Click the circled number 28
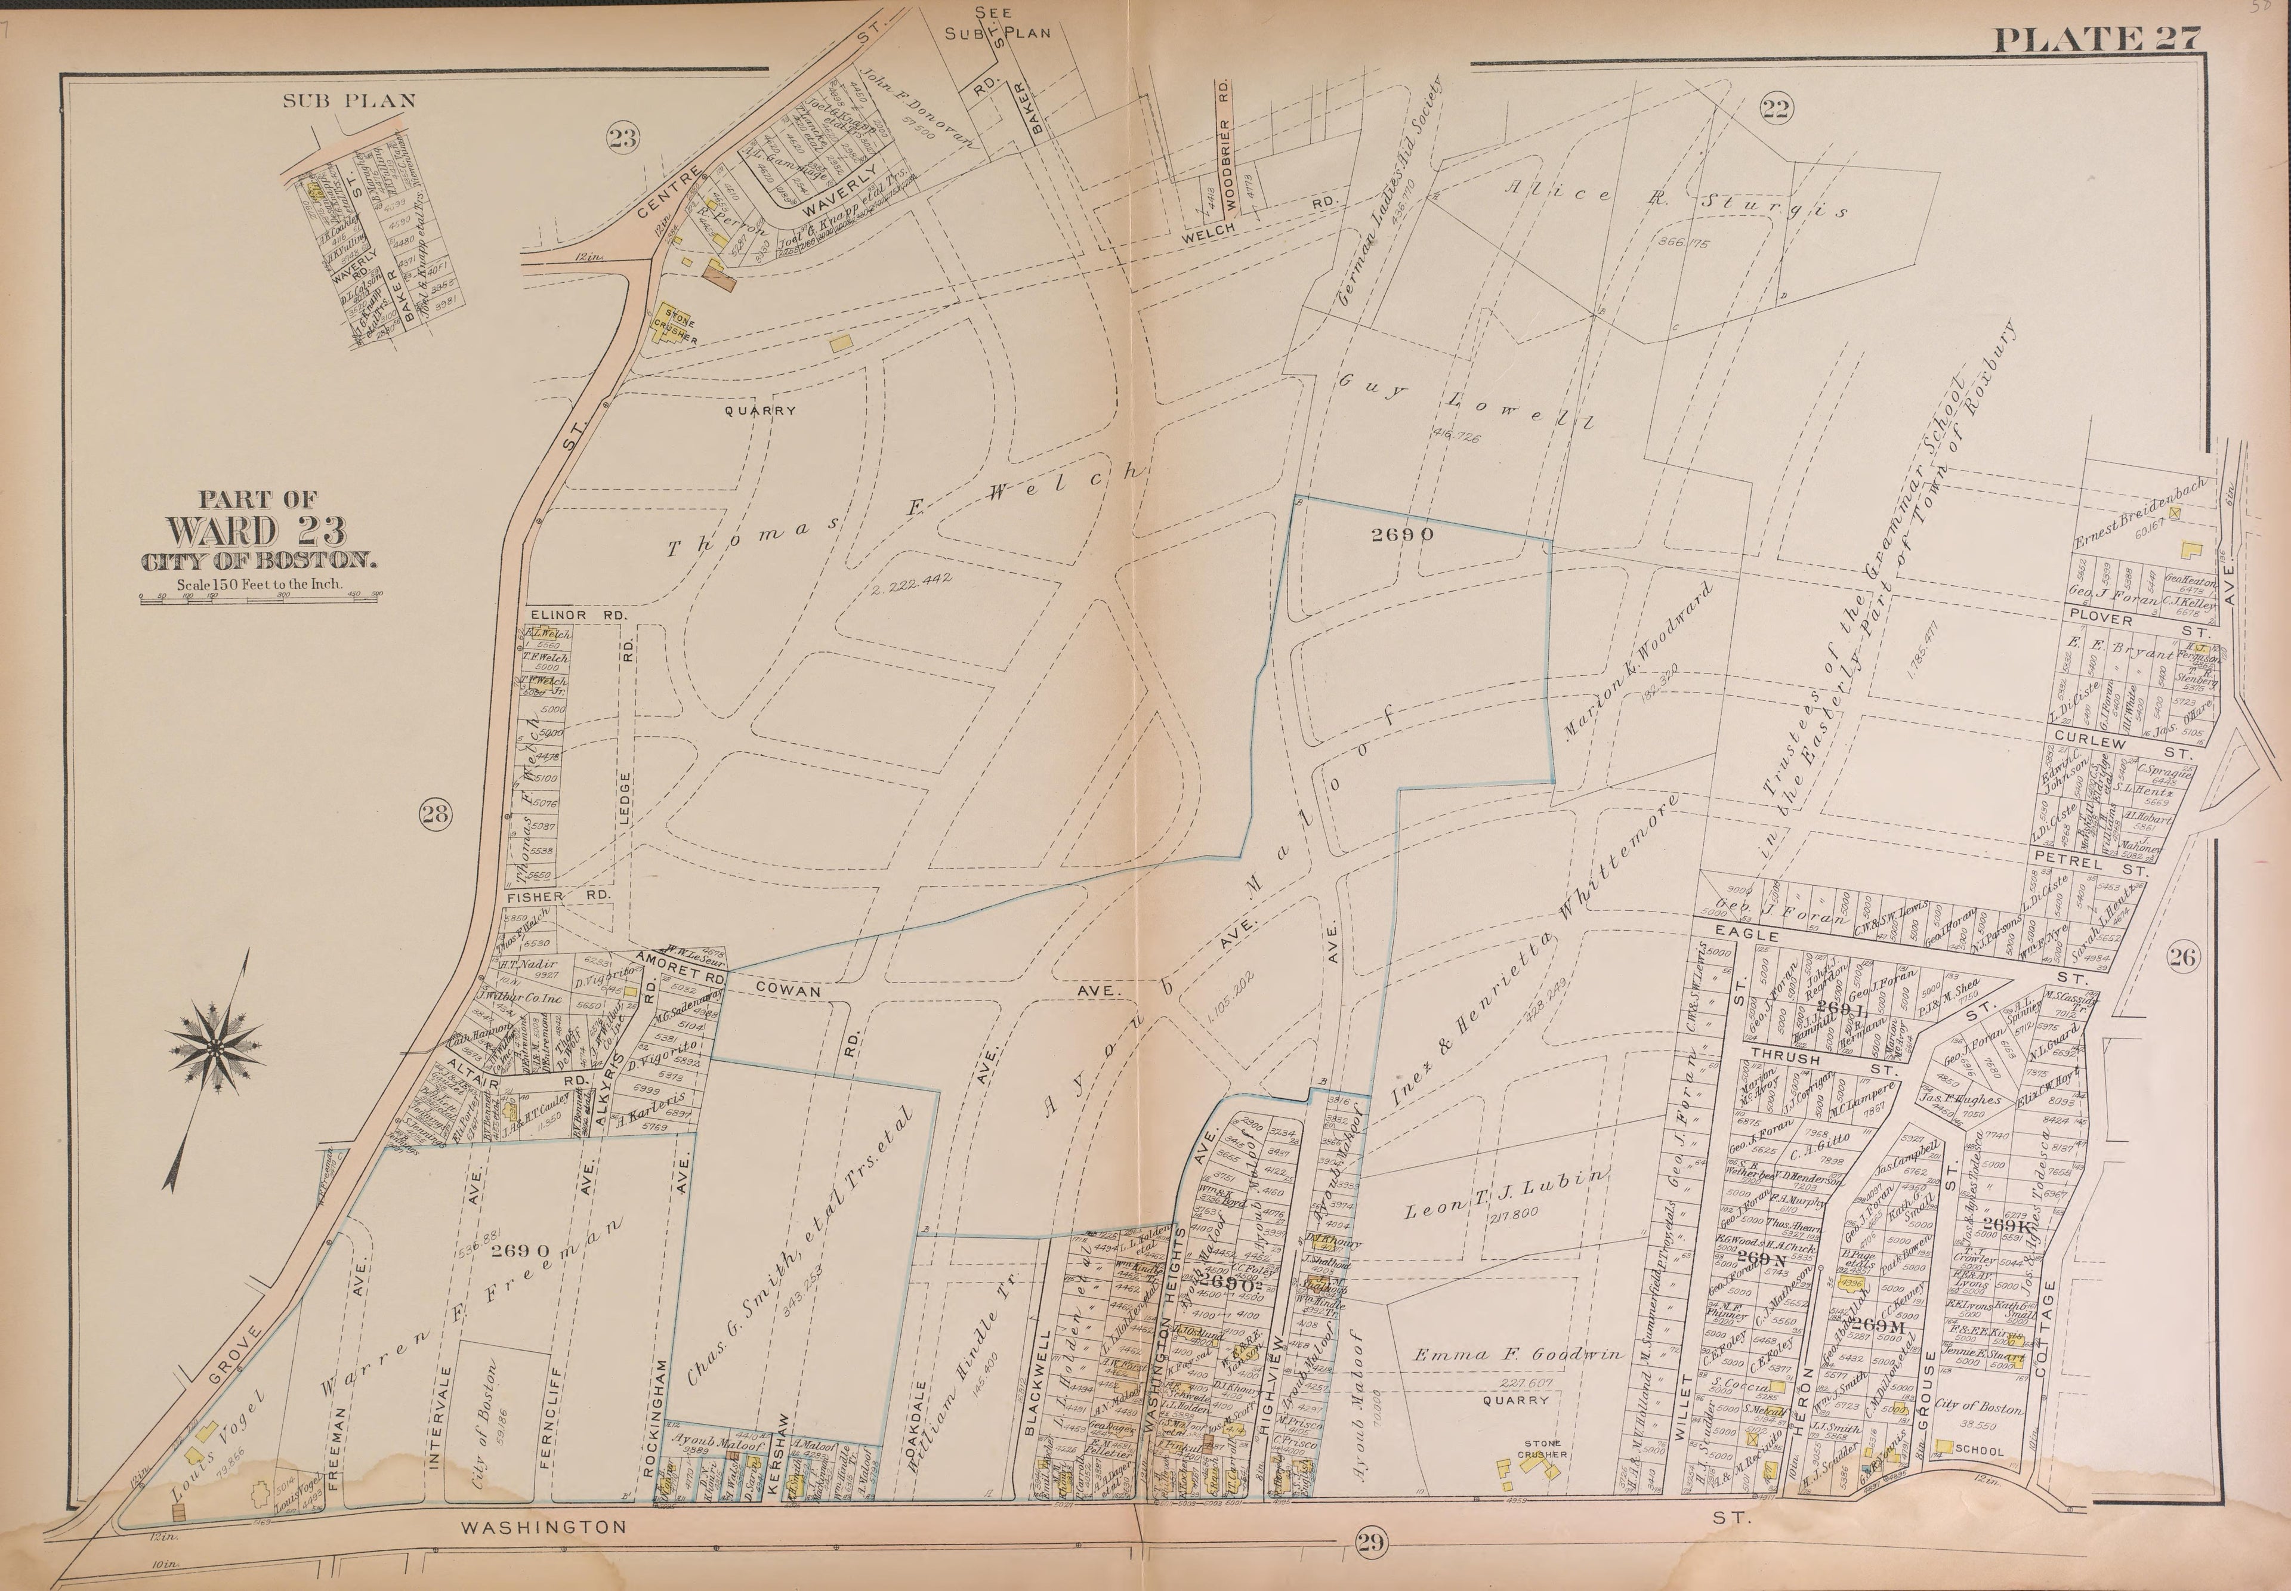435,814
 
